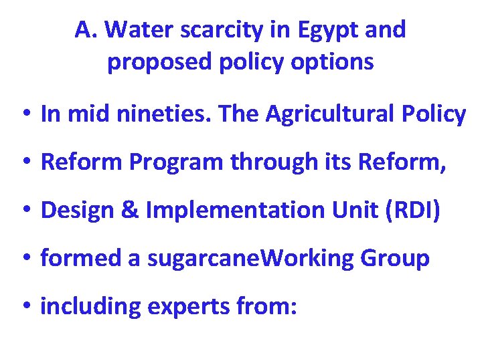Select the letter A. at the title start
pyautogui.click(x=85, y=29)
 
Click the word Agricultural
pyautogui.click(x=343, y=114)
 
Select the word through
pyautogui.click(x=276, y=162)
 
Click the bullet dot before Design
pyautogui.click(x=24, y=211)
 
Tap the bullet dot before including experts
pyautogui.click(x=24, y=308)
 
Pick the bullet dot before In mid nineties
pyautogui.click(x=24, y=115)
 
